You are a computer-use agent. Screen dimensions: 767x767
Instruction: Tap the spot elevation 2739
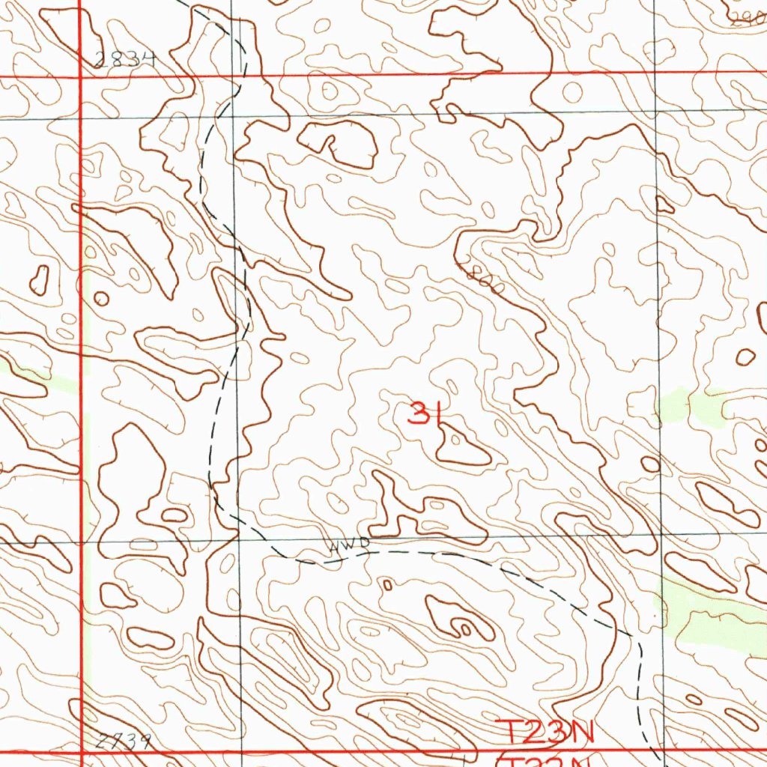click(124, 742)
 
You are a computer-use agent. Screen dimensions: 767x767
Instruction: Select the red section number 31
click(423, 413)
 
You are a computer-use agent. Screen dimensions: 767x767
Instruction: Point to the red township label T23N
click(546, 733)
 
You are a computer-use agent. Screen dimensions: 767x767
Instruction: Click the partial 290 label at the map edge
click(749, 19)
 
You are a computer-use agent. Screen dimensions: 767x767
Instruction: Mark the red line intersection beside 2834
click(80, 77)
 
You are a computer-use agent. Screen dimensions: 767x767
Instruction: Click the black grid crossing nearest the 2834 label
click(232, 117)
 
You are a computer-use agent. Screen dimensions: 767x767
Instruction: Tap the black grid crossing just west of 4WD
click(237, 539)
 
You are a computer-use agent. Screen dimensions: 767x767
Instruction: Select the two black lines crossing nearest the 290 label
click(656, 111)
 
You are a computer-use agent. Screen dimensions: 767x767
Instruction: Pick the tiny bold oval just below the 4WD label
click(387, 584)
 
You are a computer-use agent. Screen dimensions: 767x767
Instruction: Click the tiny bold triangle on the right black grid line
click(664, 204)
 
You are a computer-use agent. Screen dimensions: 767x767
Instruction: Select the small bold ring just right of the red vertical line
click(101, 299)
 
